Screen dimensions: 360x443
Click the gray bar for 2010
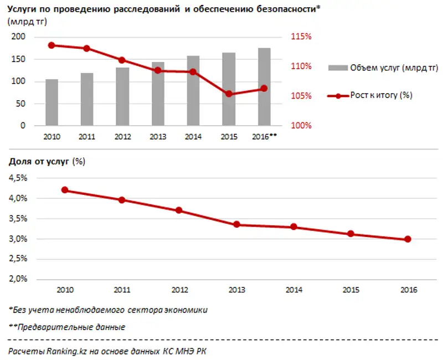51,102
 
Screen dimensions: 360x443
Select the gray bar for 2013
158,94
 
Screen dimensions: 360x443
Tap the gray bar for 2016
264,87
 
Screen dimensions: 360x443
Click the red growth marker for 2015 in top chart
229,94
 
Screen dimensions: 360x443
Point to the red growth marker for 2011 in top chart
87,49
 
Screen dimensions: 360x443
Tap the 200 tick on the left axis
19,37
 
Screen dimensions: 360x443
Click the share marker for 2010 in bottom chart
65,190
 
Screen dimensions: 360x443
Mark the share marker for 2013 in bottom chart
236,224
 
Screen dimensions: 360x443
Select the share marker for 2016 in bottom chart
408,239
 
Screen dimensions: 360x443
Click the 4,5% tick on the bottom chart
18,178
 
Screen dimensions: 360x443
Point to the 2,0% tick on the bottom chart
18,279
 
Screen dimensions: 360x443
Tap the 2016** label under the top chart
265,136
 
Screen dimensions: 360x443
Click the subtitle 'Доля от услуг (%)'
47,162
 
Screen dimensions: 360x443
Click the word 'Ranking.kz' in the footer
65,351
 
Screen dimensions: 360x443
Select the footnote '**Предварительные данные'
67,327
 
